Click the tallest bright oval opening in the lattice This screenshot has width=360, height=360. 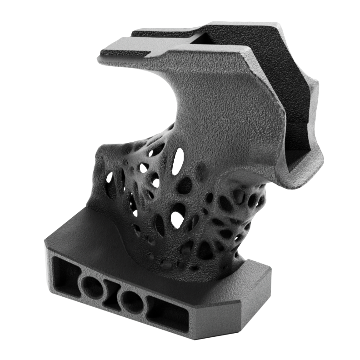click(x=178, y=161)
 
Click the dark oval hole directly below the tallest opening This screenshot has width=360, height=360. click(x=185, y=185)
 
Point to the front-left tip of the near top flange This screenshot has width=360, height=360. click(x=101, y=58)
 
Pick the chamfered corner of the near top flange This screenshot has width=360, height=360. click(x=248, y=59)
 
